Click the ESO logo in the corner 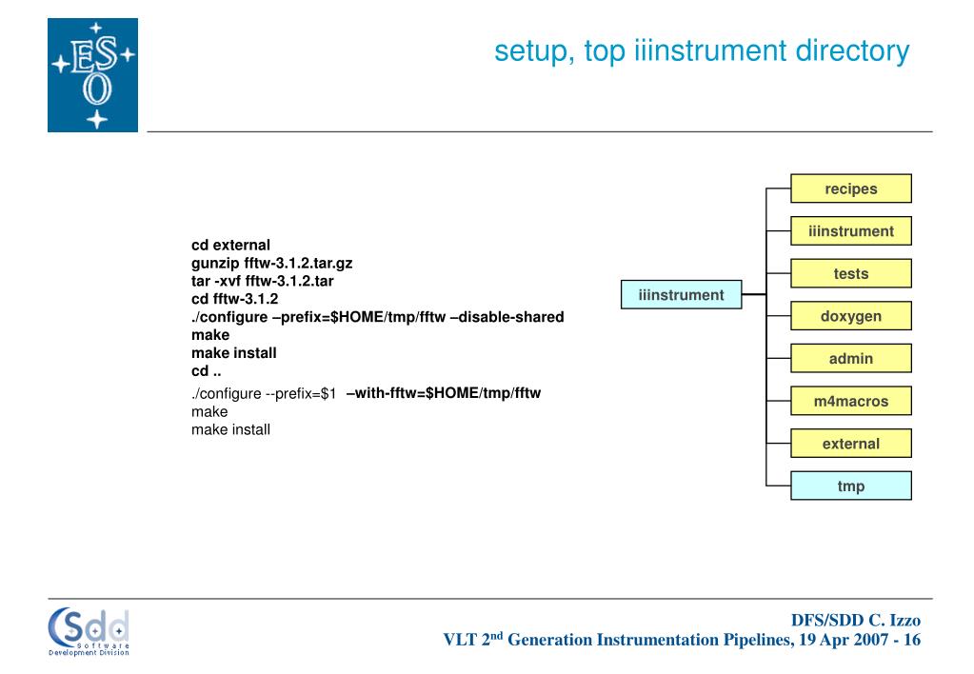[92, 75]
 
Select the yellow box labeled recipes [850, 188]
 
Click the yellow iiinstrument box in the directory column [850, 231]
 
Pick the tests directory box [850, 274]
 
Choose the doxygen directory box [850, 316]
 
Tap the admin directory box [850, 359]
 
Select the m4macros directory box [850, 402]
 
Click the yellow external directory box [850, 444]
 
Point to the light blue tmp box [850, 486]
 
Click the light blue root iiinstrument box [681, 295]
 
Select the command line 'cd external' [230, 245]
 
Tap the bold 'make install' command [233, 353]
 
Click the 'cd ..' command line [207, 371]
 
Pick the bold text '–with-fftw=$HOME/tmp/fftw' [444, 392]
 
